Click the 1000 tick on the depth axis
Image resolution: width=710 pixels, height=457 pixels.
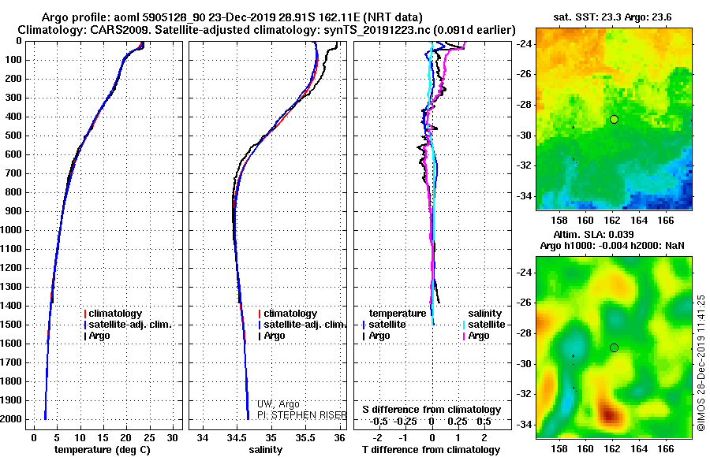click(x=12, y=230)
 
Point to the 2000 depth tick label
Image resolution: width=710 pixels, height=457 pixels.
click(x=12, y=419)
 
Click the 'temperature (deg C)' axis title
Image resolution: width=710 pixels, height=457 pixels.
click(x=103, y=450)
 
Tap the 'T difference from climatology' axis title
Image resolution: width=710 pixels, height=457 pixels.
click(x=431, y=450)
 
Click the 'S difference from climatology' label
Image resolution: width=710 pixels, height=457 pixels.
click(x=432, y=410)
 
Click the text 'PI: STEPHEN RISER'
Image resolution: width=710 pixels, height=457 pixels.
click(x=302, y=415)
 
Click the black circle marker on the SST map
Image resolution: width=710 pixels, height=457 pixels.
click(x=614, y=120)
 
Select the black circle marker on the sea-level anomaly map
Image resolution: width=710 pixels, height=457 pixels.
click(x=614, y=348)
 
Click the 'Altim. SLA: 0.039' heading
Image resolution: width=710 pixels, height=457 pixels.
click(x=593, y=234)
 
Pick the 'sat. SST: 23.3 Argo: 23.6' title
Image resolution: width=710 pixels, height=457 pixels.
click(x=613, y=17)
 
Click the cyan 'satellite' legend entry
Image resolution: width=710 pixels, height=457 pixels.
click(x=484, y=325)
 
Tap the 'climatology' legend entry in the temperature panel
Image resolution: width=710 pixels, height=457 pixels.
click(x=113, y=314)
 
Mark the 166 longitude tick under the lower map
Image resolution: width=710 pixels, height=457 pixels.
click(x=666, y=449)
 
